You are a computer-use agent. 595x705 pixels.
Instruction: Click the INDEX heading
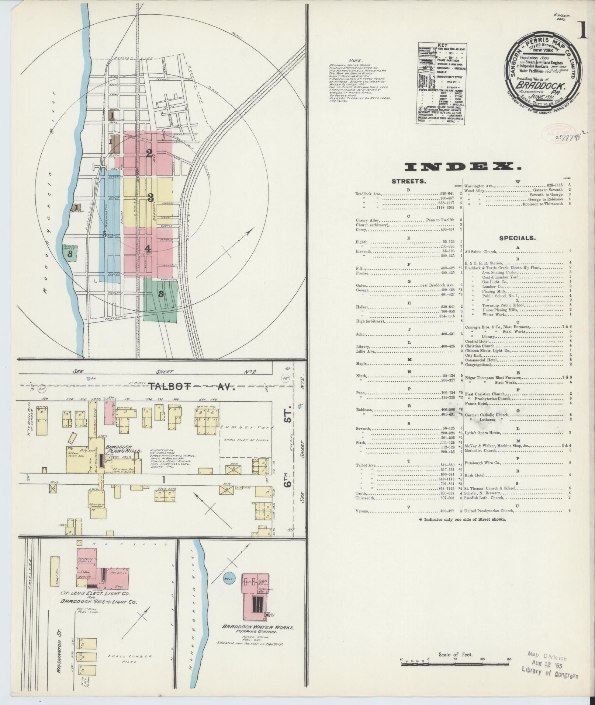coord(463,167)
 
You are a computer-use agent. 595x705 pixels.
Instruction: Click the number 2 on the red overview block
coord(149,154)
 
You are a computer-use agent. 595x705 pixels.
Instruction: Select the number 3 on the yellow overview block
coord(151,198)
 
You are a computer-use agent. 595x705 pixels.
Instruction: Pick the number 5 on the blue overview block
coord(104,234)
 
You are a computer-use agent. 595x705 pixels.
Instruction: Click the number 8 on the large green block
coord(160,294)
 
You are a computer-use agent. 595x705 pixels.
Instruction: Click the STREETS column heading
coord(409,181)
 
